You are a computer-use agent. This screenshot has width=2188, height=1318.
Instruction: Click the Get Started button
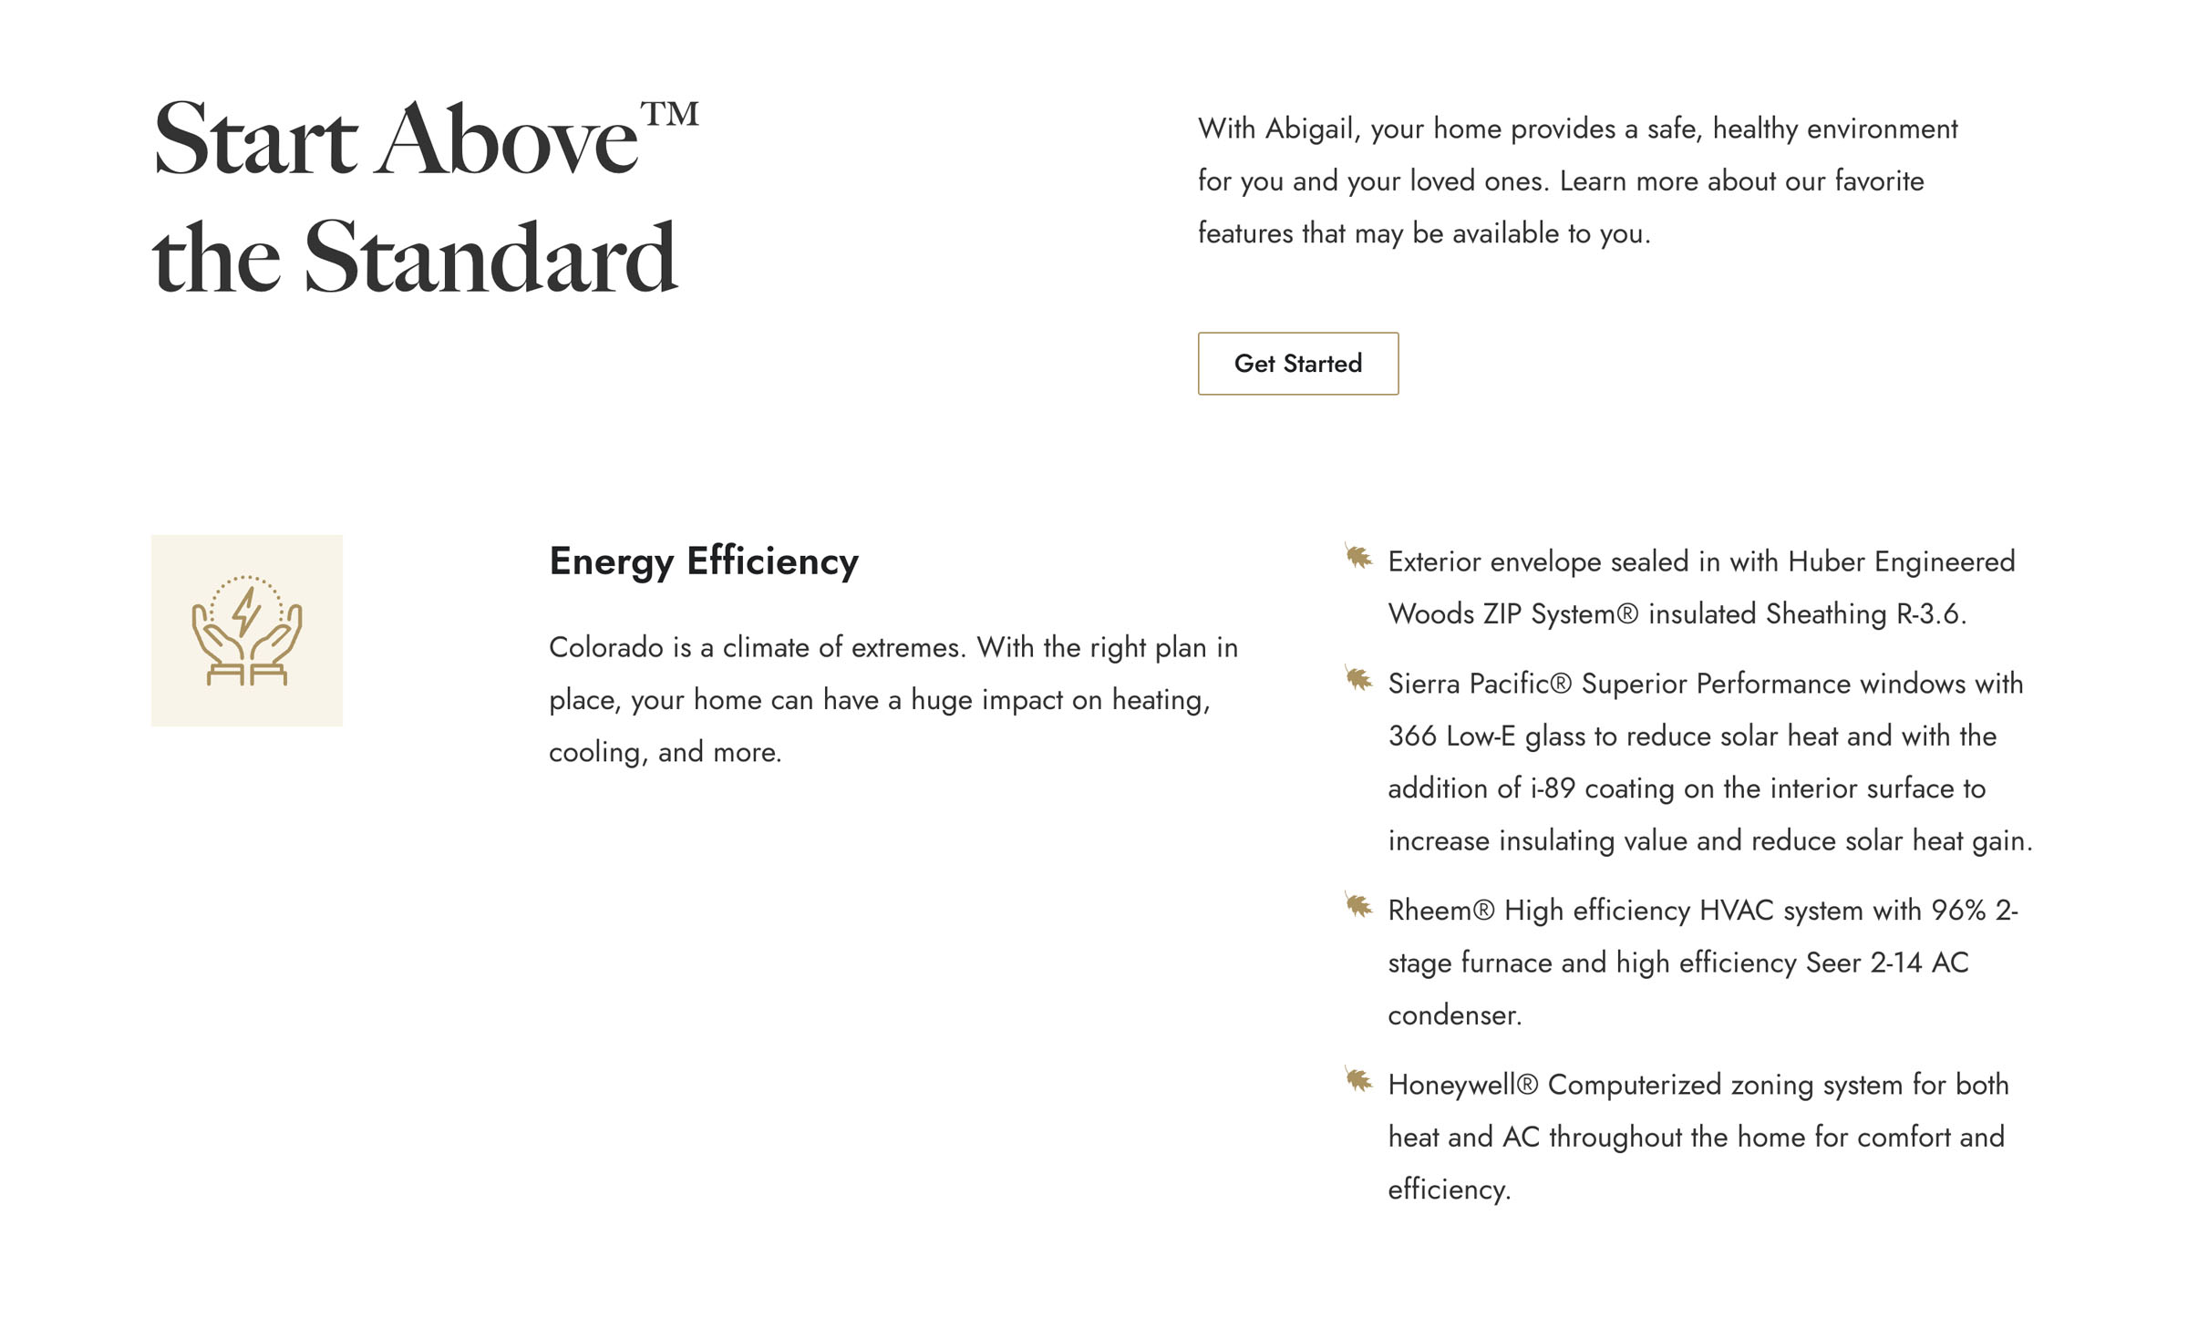(x=1297, y=364)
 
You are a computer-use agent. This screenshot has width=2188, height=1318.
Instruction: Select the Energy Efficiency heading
(x=703, y=561)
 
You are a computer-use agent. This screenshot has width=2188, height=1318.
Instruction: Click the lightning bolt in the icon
(x=246, y=611)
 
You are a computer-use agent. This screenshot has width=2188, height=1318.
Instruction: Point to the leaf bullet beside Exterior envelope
(x=1358, y=556)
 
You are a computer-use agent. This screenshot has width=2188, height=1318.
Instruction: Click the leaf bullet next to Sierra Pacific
(x=1358, y=678)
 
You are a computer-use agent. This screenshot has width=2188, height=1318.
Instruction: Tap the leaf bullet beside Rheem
(x=1358, y=905)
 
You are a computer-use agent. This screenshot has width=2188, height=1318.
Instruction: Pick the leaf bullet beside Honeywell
(x=1358, y=1080)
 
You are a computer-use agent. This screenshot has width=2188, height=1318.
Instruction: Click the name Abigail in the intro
(x=1312, y=129)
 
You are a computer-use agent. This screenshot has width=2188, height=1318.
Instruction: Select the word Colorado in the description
(x=605, y=648)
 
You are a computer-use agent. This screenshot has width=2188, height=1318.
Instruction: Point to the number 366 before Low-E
(x=1412, y=736)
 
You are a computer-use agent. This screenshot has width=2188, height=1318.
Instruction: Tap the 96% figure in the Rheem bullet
(x=1957, y=911)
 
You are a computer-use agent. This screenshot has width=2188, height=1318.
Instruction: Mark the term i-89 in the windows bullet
(x=1552, y=788)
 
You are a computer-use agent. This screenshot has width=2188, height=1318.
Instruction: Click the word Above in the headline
(x=507, y=141)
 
